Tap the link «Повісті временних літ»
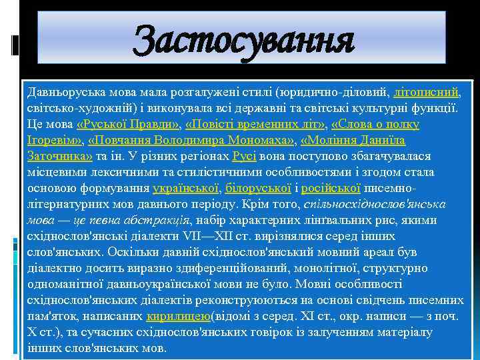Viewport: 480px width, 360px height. point(255,124)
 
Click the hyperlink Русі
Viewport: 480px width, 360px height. point(240,157)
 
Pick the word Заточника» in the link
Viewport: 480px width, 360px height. point(59,157)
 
